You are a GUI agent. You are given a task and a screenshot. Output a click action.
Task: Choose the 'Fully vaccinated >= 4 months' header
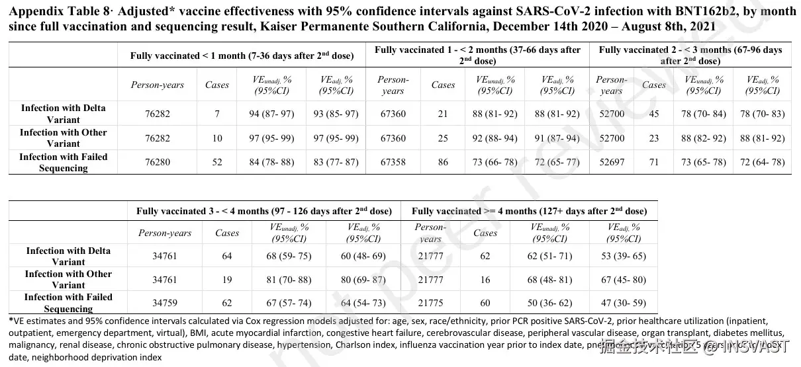529,212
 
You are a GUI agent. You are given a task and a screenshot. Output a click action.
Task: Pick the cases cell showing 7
216,114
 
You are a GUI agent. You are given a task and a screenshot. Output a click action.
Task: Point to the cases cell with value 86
443,162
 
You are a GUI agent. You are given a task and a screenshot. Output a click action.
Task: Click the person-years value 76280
157,162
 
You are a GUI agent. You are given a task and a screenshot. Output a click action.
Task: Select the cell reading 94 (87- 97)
272,114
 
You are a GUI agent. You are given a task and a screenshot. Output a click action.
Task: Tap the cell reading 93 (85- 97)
336,114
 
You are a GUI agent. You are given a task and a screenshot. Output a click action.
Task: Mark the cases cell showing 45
653,114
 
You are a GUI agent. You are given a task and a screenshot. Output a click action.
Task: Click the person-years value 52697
611,162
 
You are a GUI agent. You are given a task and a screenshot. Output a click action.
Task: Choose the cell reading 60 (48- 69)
363,257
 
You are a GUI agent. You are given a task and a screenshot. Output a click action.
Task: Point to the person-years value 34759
165,303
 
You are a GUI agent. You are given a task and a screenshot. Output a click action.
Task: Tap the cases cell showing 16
485,280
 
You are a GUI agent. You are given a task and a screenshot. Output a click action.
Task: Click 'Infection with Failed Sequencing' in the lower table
68,303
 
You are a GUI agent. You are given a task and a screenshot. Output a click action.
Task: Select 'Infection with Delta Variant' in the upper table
63,114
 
